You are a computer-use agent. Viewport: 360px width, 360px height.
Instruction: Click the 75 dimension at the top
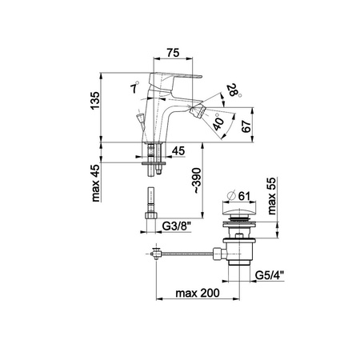[x=173, y=53]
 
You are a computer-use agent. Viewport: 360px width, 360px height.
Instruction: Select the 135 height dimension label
[x=95, y=101]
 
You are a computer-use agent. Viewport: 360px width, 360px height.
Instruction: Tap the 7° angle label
[x=134, y=87]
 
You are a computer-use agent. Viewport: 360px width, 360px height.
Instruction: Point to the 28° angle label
[x=234, y=90]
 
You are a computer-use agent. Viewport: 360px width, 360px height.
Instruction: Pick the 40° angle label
[x=218, y=122]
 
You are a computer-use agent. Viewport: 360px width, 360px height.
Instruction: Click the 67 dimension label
[x=246, y=126]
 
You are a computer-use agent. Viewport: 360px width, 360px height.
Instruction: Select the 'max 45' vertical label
[x=95, y=183]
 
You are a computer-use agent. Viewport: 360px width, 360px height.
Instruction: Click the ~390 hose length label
[x=197, y=180]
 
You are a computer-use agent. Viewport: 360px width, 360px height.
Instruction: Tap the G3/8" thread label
[x=177, y=226]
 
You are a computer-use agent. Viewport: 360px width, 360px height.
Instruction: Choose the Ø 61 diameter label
[x=239, y=196]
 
